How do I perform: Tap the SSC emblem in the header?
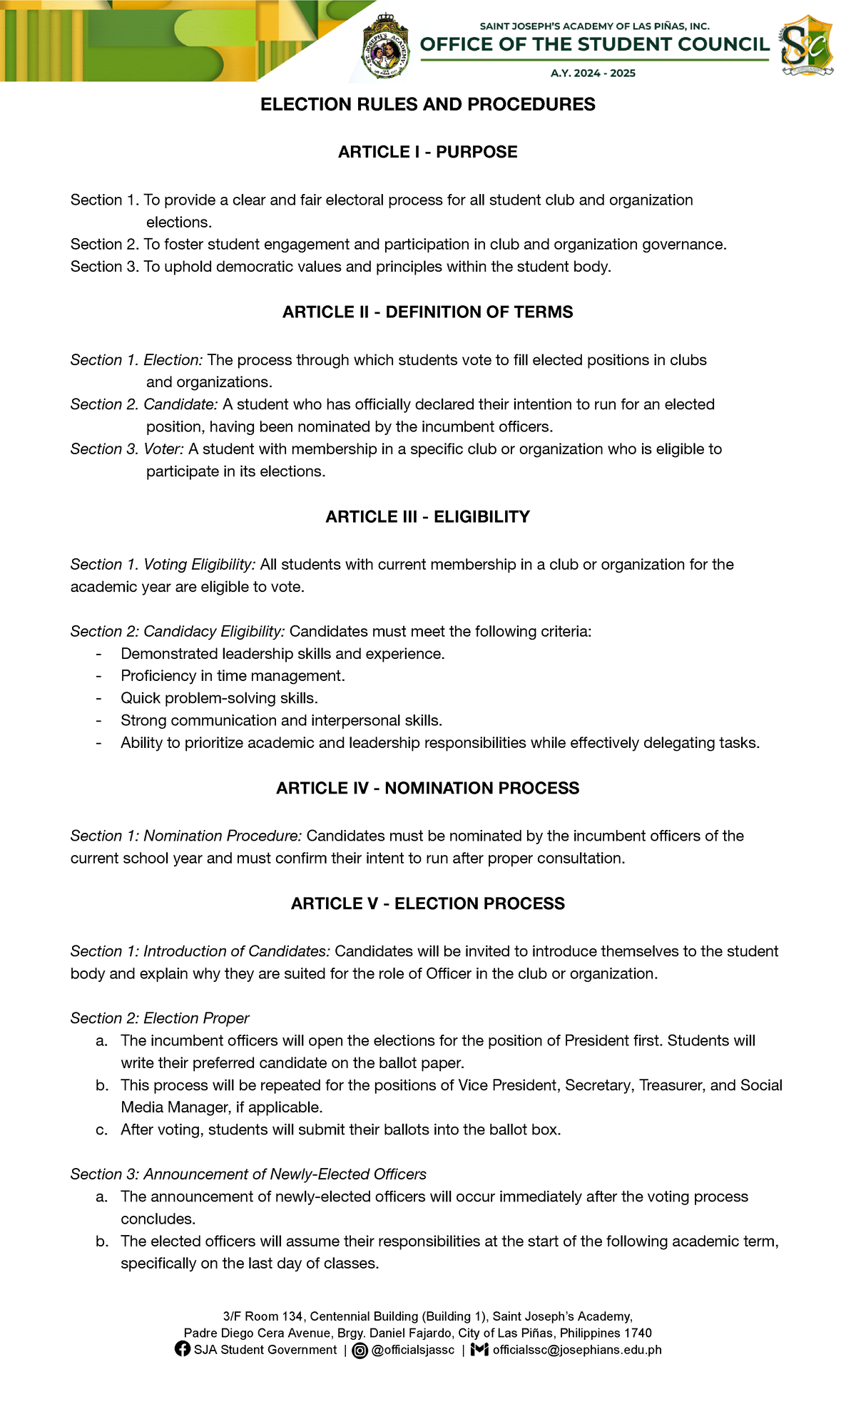(806, 46)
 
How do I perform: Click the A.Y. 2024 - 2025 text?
(593, 73)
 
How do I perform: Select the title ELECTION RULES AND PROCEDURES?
(427, 105)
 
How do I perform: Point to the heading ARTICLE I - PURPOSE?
(427, 152)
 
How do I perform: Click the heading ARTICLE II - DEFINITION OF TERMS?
(427, 312)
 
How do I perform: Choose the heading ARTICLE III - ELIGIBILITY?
(427, 517)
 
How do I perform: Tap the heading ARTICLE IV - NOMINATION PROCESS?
(427, 788)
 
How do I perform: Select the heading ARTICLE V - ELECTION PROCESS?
(427, 903)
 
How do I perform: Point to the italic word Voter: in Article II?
(164, 449)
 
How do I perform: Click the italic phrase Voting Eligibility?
(199, 565)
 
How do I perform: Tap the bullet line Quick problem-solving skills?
(219, 698)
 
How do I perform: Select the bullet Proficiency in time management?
(233, 676)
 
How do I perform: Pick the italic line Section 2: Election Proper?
(160, 1018)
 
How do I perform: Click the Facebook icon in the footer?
(183, 1349)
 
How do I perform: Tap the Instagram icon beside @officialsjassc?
(361, 1350)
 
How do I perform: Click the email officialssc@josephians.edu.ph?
(576, 1350)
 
